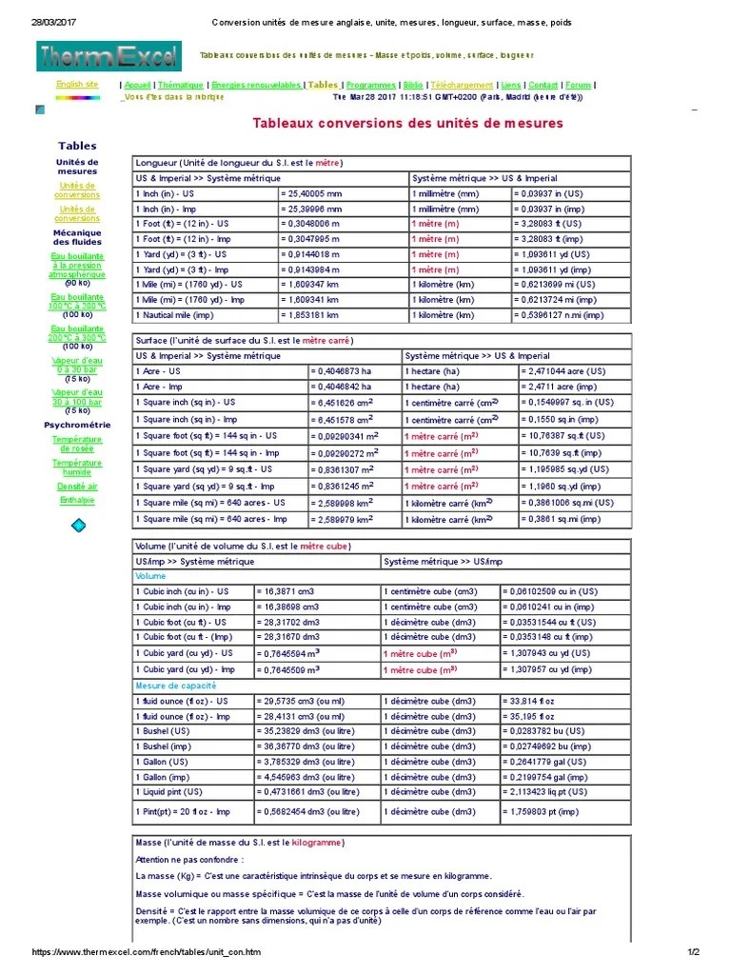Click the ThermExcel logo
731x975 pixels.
click(x=109, y=57)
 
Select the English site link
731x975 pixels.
click(x=77, y=84)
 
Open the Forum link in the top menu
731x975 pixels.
click(x=578, y=85)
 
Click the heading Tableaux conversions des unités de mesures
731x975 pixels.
click(x=407, y=124)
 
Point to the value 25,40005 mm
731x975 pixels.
click(x=311, y=193)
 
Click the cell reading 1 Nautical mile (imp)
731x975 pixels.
click(x=175, y=315)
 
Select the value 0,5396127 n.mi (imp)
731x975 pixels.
click(x=559, y=315)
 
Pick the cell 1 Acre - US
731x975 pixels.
click(x=158, y=371)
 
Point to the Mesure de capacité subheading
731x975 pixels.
click(x=176, y=686)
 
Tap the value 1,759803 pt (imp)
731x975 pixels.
click(x=538, y=812)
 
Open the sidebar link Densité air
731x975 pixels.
click(x=77, y=486)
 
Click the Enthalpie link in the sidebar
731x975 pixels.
click(x=77, y=500)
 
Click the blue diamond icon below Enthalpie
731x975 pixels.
click(x=78, y=525)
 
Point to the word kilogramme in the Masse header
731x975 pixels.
click(x=318, y=844)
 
